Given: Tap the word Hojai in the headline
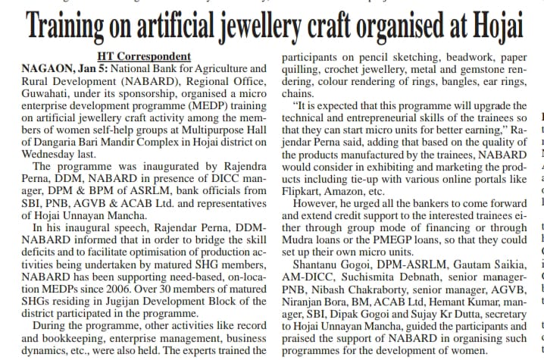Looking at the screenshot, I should [496, 30].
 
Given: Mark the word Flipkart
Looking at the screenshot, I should [302, 191].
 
